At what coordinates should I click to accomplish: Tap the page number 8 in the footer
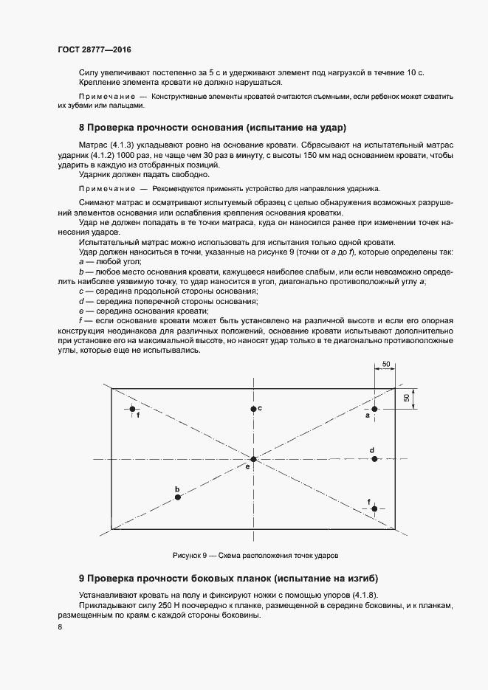60,627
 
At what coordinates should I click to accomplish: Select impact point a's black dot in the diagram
374,409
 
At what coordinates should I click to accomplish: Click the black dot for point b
178,497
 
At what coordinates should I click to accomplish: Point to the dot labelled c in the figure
252,409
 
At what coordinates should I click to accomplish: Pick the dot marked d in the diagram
374,459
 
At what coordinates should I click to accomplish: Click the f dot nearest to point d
374,508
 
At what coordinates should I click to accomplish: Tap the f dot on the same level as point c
132,409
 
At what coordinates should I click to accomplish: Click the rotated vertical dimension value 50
407,398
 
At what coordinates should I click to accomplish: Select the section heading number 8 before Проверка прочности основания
82,127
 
